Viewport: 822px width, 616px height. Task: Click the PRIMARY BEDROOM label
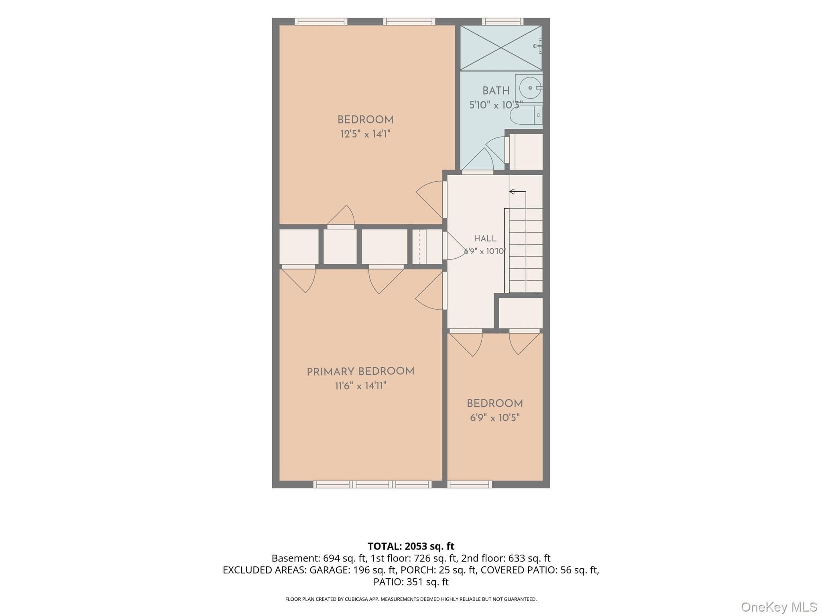point(360,372)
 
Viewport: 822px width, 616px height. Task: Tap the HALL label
point(485,239)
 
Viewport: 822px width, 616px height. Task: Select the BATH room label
point(496,91)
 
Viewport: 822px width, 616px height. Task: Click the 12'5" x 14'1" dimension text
point(365,134)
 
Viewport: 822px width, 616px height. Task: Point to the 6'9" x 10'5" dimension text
point(495,418)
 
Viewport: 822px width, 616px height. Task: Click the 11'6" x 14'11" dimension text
point(360,386)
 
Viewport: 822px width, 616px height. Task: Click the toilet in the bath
point(526,115)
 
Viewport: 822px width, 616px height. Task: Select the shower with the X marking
point(501,48)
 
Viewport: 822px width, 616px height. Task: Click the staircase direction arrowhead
point(512,192)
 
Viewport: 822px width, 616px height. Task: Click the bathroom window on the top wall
point(503,22)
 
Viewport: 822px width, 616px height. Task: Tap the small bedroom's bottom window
point(470,484)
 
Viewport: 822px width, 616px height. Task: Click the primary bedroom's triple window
point(372,484)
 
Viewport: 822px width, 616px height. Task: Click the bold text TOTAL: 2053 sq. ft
point(411,546)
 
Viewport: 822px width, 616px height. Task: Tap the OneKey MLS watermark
point(779,607)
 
